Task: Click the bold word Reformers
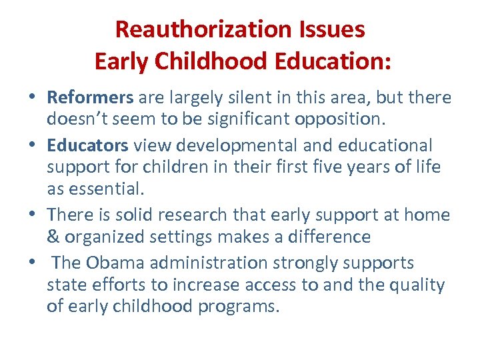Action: [91, 97]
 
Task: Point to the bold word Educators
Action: [87, 145]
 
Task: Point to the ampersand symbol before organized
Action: [53, 237]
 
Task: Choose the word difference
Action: [328, 237]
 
